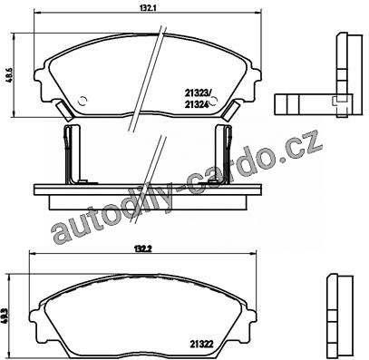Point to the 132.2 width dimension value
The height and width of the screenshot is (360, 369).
coord(142,249)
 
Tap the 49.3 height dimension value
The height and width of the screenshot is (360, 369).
coord(5,316)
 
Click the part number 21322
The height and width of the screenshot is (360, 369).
coord(202,344)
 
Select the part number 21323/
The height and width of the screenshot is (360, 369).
coord(197,92)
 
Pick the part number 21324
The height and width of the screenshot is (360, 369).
coord(197,104)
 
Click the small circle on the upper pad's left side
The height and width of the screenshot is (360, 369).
coord(83,100)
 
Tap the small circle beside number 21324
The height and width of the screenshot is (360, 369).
coord(214,101)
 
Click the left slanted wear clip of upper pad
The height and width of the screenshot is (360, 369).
coord(64,109)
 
